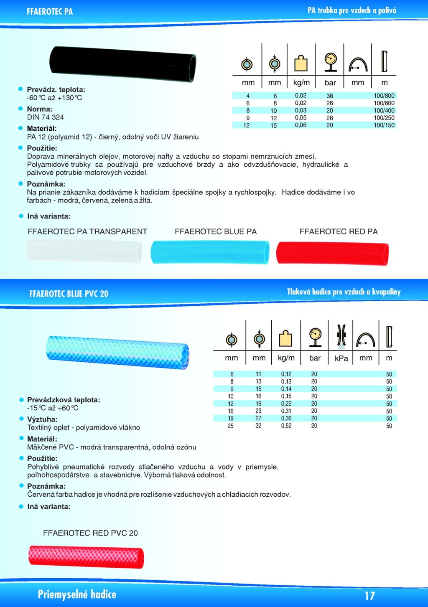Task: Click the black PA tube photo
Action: (x=122, y=63)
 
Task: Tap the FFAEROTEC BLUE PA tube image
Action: (x=210, y=252)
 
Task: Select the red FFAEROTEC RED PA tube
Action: (x=333, y=253)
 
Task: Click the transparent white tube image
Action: (x=84, y=251)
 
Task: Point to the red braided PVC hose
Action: (x=86, y=556)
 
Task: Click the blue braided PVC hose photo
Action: (x=117, y=352)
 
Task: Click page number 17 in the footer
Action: (x=369, y=595)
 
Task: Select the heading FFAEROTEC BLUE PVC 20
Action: (x=69, y=294)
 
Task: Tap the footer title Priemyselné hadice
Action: (x=77, y=594)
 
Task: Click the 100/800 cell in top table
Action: (x=384, y=96)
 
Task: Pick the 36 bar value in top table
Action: (x=330, y=96)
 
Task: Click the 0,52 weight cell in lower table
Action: (x=286, y=426)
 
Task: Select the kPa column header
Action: (x=341, y=358)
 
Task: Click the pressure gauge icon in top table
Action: (x=330, y=62)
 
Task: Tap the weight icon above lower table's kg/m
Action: (x=285, y=338)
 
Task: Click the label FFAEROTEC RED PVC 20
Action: (x=90, y=533)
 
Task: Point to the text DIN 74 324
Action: (x=45, y=117)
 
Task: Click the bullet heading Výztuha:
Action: (x=42, y=419)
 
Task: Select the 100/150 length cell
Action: (x=384, y=125)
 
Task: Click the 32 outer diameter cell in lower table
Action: (x=258, y=426)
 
